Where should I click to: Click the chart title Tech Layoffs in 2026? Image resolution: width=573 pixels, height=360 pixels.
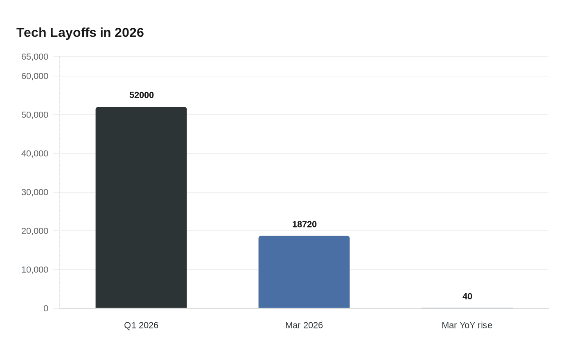point(80,33)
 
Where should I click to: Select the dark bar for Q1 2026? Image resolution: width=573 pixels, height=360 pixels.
point(141,207)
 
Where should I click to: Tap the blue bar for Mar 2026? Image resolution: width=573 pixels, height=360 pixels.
point(304,272)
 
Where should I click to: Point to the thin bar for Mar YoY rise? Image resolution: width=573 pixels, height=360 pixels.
point(467,308)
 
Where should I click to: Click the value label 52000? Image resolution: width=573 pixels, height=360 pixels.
point(142,95)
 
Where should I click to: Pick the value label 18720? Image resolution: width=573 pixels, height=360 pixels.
point(305,224)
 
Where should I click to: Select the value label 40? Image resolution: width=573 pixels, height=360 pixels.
point(467,296)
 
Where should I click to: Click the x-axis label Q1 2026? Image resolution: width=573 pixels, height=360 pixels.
point(141,325)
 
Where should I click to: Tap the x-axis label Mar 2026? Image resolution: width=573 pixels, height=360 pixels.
point(304,325)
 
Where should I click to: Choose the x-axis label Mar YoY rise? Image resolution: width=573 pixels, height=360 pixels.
point(467,325)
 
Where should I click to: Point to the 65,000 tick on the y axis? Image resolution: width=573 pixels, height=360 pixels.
point(35,57)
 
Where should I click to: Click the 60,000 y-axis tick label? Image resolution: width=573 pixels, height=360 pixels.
point(35,76)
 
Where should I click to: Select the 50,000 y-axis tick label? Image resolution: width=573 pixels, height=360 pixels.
point(35,115)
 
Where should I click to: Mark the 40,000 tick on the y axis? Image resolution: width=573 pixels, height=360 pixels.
point(35,153)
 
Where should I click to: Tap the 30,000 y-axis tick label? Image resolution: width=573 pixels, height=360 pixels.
point(35,192)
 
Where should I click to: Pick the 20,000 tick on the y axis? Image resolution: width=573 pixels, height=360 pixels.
point(35,231)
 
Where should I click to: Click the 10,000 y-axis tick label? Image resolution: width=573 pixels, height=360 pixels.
point(35,270)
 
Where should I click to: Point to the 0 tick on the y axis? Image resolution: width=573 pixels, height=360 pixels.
point(46,308)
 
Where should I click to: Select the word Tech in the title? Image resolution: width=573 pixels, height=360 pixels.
point(32,33)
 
